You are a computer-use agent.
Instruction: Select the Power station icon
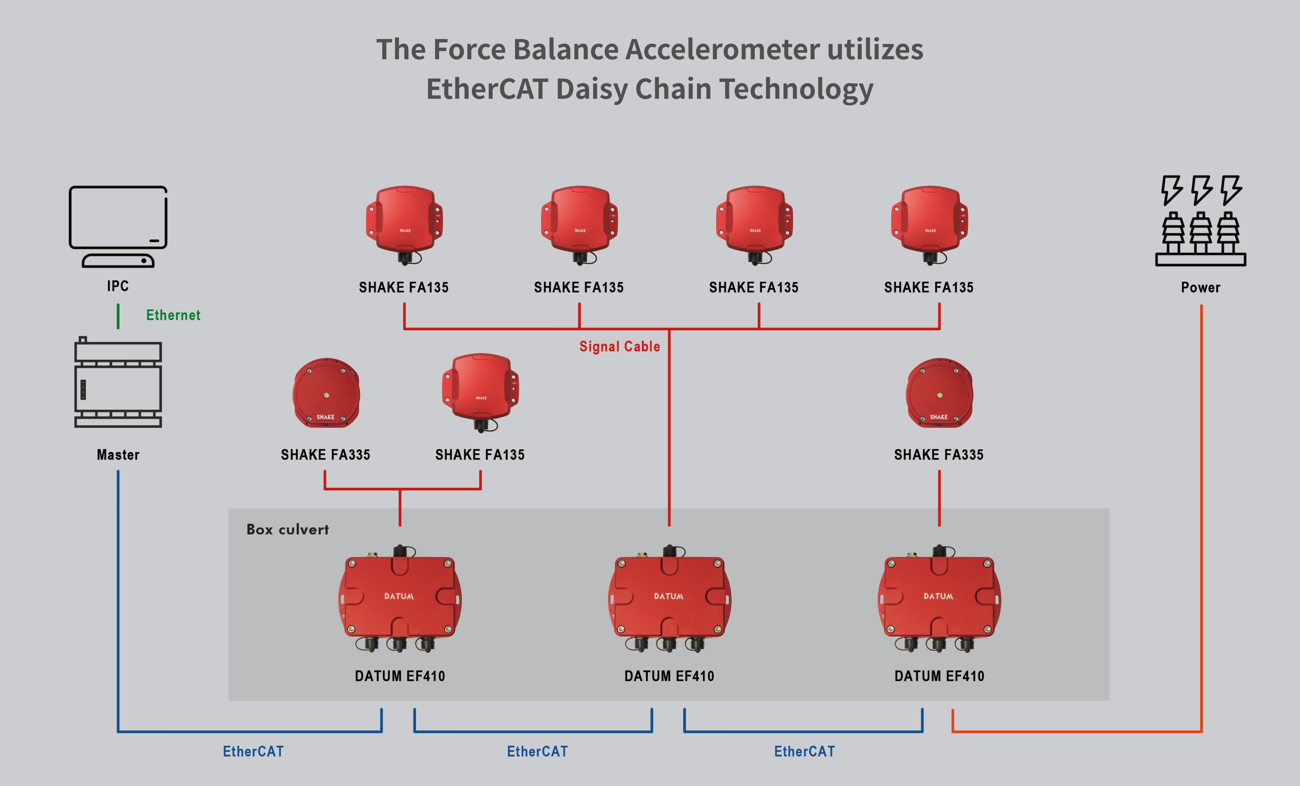pyautogui.click(x=1201, y=221)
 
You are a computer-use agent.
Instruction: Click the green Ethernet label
pyautogui.click(x=173, y=315)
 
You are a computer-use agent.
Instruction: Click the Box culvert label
pyautogui.click(x=287, y=529)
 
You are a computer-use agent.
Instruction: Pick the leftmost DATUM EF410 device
pyautogui.click(x=400, y=599)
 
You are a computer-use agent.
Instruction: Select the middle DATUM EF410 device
pyautogui.click(x=669, y=599)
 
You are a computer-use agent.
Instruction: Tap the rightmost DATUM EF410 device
pyautogui.click(x=939, y=599)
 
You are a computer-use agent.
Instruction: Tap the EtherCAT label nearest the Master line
pyautogui.click(x=253, y=751)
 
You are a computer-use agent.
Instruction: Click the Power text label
pyautogui.click(x=1201, y=287)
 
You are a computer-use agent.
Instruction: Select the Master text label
pyautogui.click(x=118, y=455)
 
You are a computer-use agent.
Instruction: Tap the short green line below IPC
pyautogui.click(x=118, y=316)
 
